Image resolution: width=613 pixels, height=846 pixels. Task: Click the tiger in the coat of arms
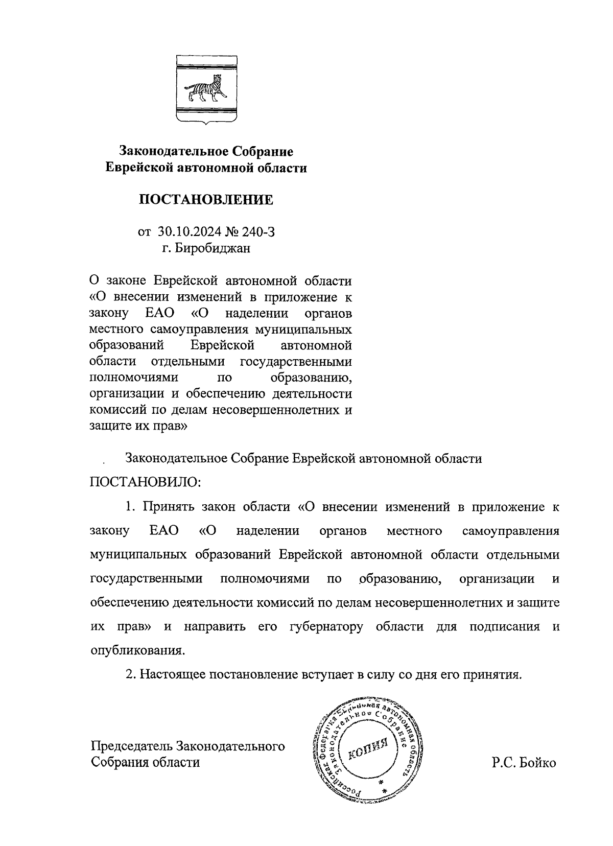(x=206, y=89)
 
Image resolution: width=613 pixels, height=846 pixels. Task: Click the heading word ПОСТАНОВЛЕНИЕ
(x=206, y=200)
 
